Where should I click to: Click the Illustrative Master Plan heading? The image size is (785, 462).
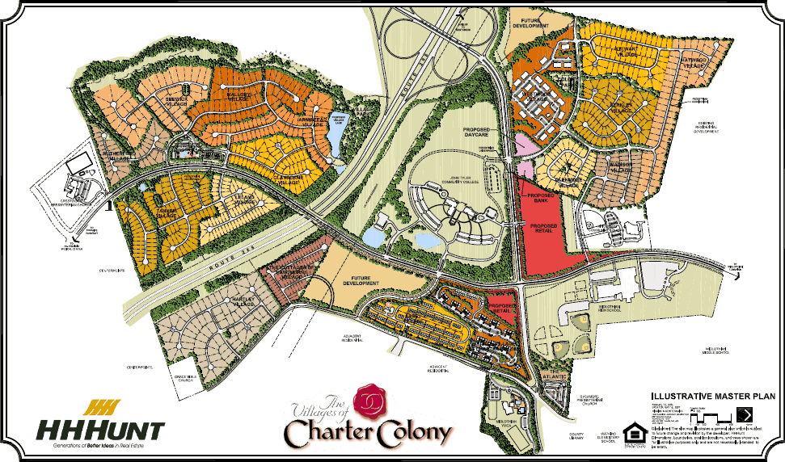click(x=705, y=397)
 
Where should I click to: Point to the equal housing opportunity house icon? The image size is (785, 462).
click(x=631, y=428)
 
